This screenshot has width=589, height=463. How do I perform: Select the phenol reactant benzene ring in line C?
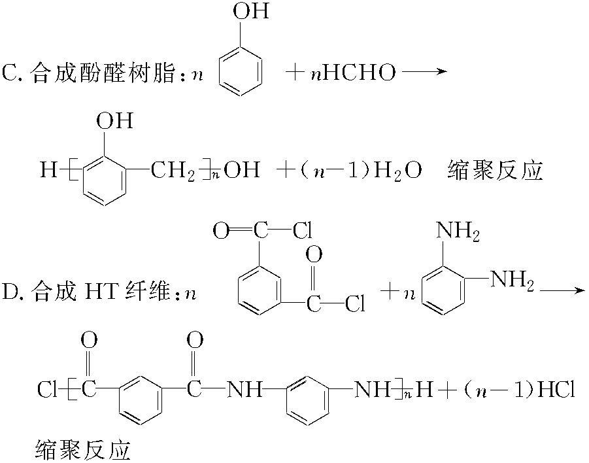[x=241, y=72]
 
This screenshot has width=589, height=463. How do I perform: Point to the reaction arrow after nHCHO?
[x=424, y=72]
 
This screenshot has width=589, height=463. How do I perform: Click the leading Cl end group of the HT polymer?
[x=47, y=391]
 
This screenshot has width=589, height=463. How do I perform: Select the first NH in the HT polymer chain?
[x=244, y=391]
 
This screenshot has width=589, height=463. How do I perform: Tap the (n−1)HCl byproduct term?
[x=516, y=391]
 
